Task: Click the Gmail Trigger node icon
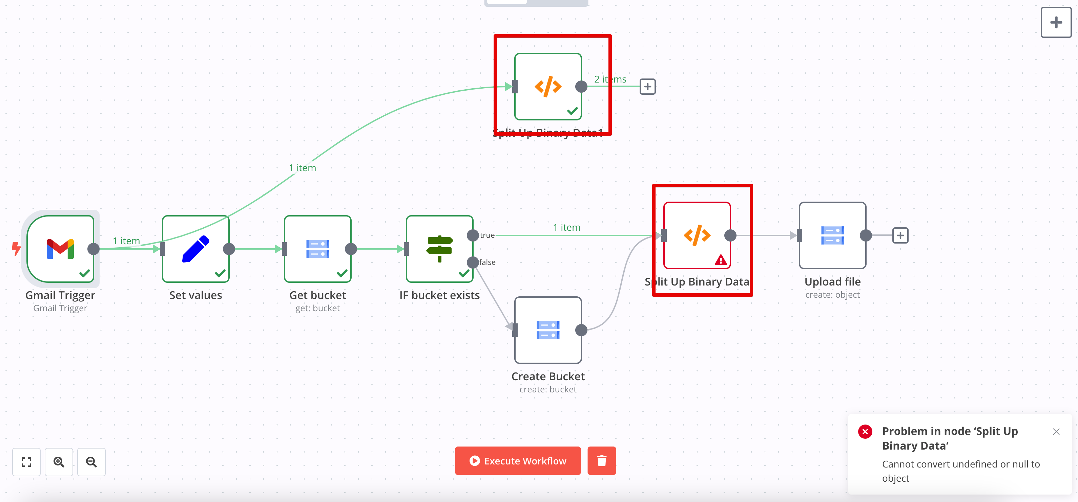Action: (60, 249)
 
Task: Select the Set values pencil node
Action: (195, 249)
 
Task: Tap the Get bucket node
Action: (318, 249)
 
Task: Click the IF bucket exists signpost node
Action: (439, 249)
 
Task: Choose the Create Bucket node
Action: (548, 330)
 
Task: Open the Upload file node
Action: (832, 235)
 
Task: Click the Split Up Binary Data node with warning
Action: (697, 235)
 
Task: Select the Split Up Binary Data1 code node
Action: (548, 87)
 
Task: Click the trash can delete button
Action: (601, 461)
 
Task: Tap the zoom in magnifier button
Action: (59, 462)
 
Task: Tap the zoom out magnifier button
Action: (91, 462)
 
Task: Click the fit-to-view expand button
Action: (26, 462)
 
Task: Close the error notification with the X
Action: (1056, 432)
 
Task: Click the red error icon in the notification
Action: (865, 431)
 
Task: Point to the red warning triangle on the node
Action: (721, 260)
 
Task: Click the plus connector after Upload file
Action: (900, 235)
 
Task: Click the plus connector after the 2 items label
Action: (647, 87)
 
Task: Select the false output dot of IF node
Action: (473, 263)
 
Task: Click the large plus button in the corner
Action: (1056, 22)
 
